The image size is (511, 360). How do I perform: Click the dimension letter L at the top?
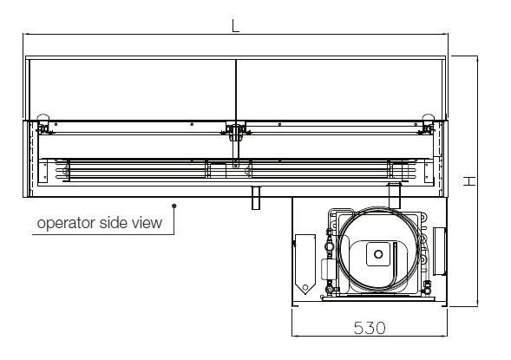(x=235, y=26)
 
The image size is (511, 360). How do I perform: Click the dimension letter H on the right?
(x=469, y=180)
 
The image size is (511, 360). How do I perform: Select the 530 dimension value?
(x=370, y=328)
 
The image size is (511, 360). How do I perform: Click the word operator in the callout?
(x=66, y=224)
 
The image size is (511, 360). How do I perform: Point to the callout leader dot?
(x=174, y=206)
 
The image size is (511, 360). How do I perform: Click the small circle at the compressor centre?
(x=378, y=254)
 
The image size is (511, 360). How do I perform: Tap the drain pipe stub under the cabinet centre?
(x=257, y=198)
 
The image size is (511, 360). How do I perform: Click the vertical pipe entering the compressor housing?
(x=395, y=195)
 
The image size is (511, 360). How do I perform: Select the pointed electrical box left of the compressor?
(x=305, y=264)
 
